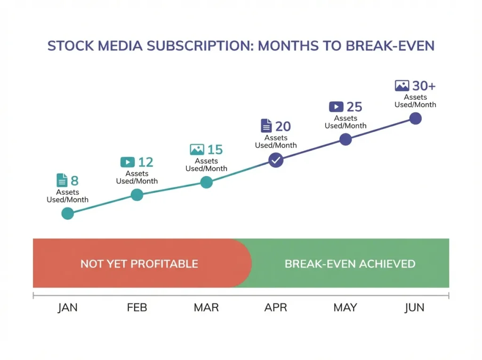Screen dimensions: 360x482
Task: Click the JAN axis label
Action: [68, 308]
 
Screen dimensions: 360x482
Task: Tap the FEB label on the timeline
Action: [137, 308]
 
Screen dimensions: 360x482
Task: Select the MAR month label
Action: [206, 308]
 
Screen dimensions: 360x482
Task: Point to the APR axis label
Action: [276, 308]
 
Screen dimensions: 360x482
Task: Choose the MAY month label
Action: [345, 308]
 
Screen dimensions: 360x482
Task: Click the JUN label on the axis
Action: [415, 308]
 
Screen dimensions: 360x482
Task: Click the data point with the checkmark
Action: [276, 160]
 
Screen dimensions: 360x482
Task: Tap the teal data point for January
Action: [68, 214]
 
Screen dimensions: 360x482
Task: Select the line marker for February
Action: [137, 194]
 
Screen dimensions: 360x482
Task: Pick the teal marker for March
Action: [206, 183]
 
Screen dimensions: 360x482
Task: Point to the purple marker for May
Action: [345, 139]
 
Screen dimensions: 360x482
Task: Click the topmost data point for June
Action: [415, 118]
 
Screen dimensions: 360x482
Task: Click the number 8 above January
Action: [74, 181]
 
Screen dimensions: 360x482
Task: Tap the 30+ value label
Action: [424, 86]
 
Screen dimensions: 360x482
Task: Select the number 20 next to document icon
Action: [283, 127]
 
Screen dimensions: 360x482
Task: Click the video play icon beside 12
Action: [127, 162]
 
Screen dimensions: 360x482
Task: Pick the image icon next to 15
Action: [197, 150]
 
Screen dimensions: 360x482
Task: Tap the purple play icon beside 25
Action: [336, 107]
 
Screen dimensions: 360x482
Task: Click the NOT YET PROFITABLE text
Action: [139, 264]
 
